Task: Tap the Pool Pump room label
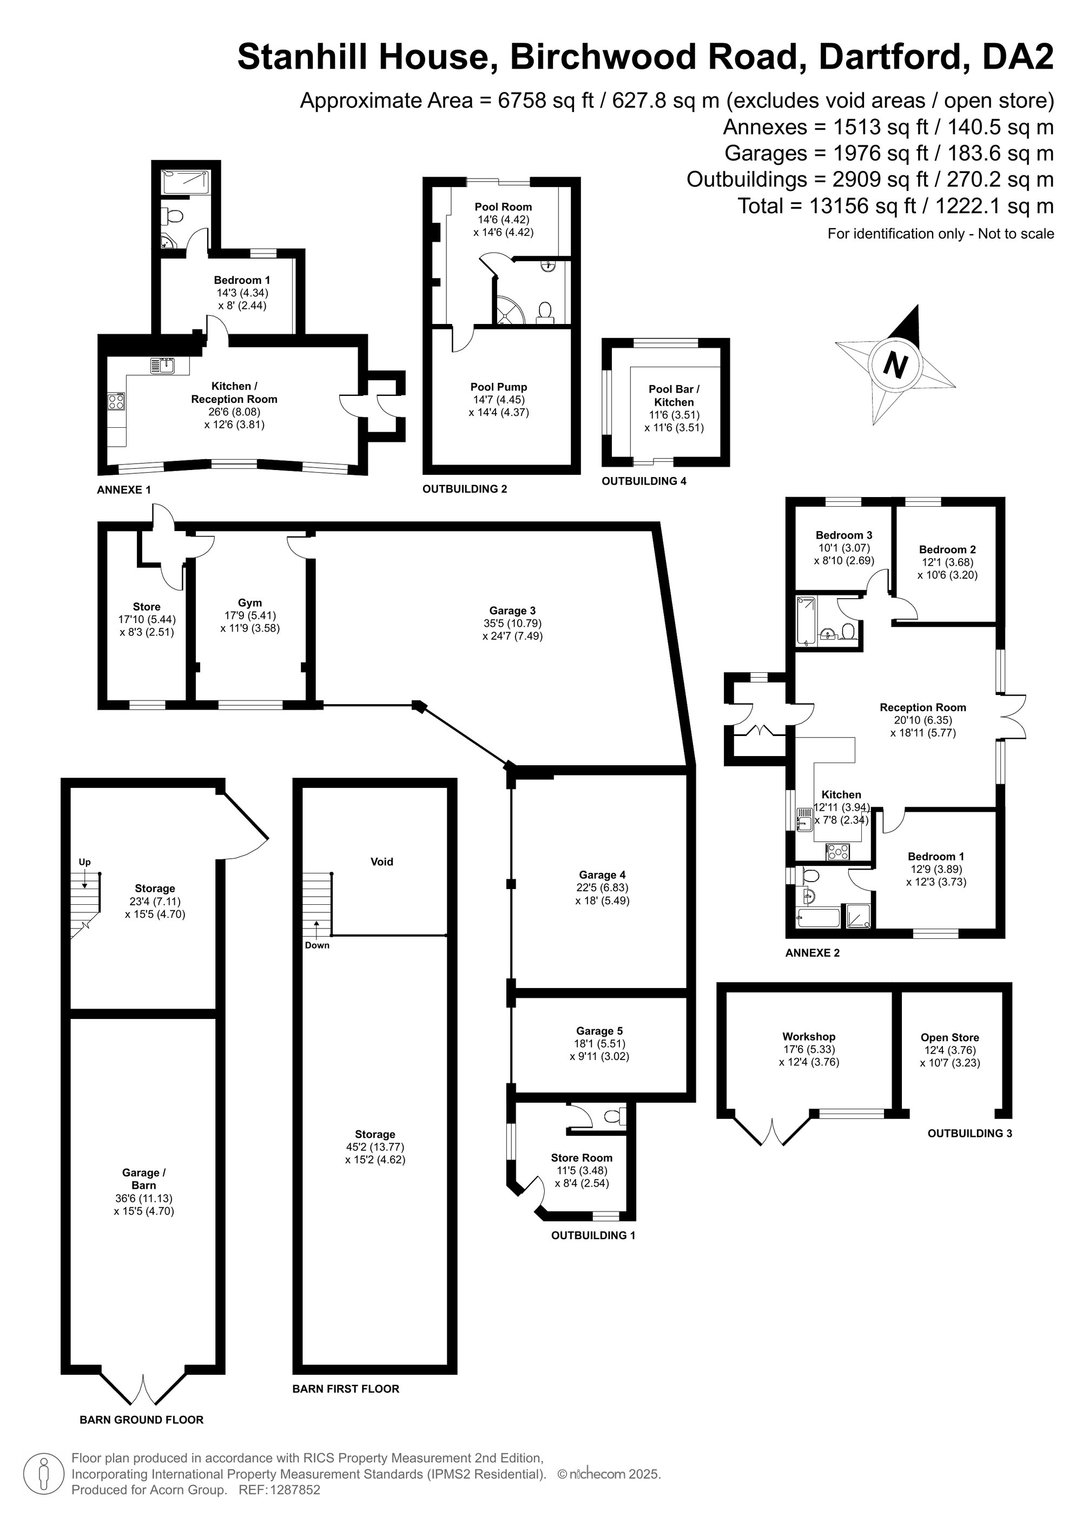point(499,387)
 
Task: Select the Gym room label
point(250,603)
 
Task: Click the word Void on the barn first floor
point(382,862)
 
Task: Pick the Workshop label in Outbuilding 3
point(809,1037)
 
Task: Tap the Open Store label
point(950,1037)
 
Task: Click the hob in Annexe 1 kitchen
point(116,401)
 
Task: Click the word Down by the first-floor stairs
point(318,945)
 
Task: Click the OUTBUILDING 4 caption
point(644,481)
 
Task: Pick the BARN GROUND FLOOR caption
point(141,1419)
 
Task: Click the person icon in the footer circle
point(44,1475)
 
